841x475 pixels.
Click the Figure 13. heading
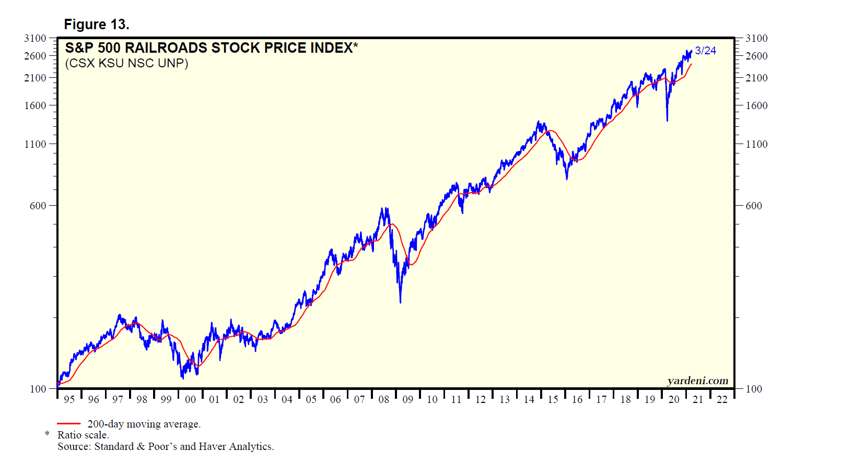(97, 25)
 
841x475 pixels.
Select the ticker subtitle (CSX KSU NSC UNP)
(126, 63)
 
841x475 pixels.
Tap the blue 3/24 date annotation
(705, 51)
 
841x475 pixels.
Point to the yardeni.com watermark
(697, 381)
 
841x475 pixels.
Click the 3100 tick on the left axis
(35, 38)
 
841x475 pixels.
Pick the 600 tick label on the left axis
(38, 206)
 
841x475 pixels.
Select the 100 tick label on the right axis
(754, 389)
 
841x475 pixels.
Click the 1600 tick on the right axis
(756, 105)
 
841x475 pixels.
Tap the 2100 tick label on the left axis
(35, 78)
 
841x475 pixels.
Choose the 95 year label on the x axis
(69, 399)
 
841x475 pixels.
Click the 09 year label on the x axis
(408, 399)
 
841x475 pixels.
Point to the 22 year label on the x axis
(722, 399)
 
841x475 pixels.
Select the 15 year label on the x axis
(553, 399)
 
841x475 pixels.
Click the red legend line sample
(68, 424)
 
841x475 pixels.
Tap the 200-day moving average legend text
(144, 424)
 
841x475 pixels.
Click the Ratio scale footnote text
(83, 435)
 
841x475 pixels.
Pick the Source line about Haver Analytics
(166, 446)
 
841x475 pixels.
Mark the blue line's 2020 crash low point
(667, 121)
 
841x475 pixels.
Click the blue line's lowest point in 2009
(400, 302)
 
